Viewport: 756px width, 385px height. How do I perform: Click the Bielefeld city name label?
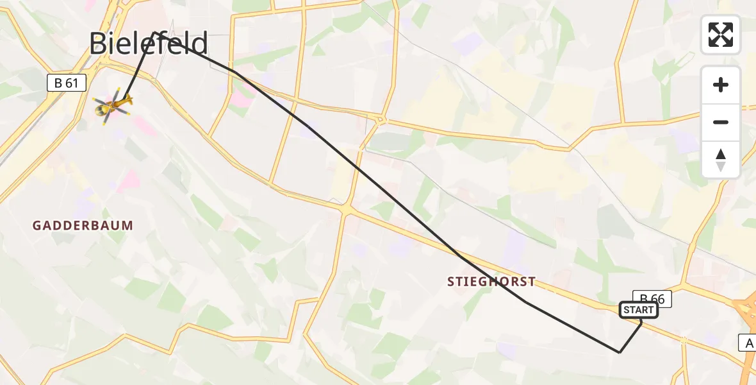[149, 44]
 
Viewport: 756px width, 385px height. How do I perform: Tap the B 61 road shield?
[67, 83]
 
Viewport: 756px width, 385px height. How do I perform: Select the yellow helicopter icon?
[114, 104]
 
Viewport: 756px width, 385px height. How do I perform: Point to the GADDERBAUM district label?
[83, 225]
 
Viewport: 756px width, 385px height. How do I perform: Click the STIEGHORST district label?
[491, 282]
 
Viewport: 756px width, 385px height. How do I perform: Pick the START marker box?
[639, 311]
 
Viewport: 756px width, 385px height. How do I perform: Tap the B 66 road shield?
[652, 298]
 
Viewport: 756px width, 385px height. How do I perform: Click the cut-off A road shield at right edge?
[748, 343]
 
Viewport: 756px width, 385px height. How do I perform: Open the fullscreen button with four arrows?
[721, 35]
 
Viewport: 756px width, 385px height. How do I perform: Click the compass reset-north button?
[721, 160]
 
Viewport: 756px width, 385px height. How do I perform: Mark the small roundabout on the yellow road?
[382, 119]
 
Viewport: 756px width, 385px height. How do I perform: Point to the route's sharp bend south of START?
[619, 352]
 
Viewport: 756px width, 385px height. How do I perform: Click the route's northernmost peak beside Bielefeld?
[156, 31]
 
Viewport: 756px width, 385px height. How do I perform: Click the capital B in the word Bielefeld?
[99, 44]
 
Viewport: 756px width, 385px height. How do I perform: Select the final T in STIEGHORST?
[531, 282]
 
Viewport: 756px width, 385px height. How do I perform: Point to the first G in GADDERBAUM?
[37, 225]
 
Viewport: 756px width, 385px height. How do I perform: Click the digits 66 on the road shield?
[657, 298]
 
